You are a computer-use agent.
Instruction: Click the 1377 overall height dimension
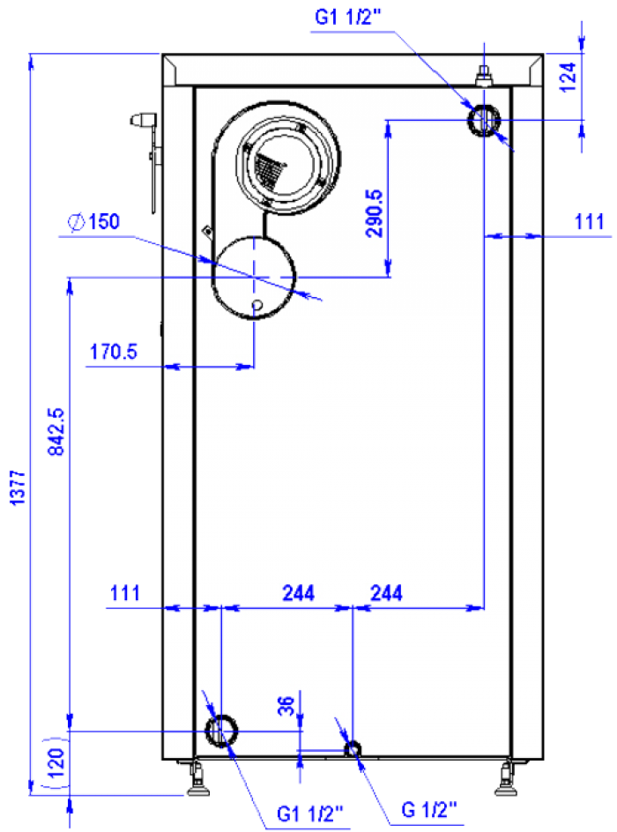pos(18,487)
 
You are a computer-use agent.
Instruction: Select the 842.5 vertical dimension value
pos(56,431)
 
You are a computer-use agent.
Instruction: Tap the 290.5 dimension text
pos(374,213)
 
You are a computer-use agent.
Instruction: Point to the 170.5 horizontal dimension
pos(114,352)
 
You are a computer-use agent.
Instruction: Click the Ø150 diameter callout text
pos(94,222)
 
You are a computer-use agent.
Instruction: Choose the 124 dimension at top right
pos(568,78)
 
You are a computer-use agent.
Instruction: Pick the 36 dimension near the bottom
pos(286,706)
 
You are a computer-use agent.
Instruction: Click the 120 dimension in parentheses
pos(56,762)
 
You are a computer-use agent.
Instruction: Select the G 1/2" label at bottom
pos(428,809)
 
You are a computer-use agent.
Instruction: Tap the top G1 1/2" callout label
pos(347,18)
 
